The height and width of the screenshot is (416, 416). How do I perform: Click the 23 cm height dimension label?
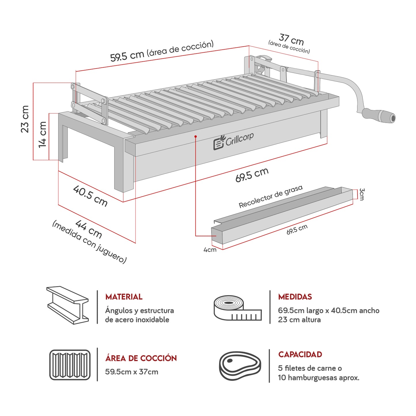coord(25,119)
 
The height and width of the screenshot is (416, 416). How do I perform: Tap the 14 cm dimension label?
coord(43,134)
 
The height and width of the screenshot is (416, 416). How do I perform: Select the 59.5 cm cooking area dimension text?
coord(162,51)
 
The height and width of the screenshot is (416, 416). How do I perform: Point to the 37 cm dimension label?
coord(291,39)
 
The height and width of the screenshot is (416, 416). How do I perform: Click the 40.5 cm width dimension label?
coord(90,196)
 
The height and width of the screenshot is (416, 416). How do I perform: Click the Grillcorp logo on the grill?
coord(233,141)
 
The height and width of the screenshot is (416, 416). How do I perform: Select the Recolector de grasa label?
coord(271,196)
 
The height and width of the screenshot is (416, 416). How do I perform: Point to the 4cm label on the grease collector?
coord(210,250)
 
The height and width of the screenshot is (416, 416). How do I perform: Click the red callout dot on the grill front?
coord(195,136)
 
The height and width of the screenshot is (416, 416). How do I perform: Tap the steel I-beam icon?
coord(68,305)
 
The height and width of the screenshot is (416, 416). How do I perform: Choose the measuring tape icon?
coord(237,308)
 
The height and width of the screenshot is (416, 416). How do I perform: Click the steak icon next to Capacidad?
coord(240,366)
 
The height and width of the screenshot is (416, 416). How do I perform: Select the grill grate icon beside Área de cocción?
coord(70,365)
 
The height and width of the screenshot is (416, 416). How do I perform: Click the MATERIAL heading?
coord(124,297)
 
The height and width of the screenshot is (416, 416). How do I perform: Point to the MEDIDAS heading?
coord(295,297)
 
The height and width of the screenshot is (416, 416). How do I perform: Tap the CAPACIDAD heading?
coord(300,354)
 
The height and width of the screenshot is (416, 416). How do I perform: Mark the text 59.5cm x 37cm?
coord(132,372)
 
